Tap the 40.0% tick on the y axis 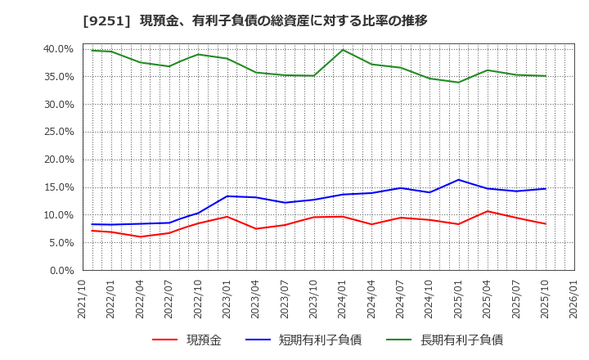[58, 49]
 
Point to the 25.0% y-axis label [58, 132]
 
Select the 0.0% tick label [61, 270]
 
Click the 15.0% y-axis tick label [58, 187]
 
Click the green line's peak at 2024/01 [343, 50]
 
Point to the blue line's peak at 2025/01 [458, 180]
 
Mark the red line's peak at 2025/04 [488, 211]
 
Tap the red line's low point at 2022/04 [141, 237]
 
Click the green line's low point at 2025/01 [458, 82]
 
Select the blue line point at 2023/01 [227, 196]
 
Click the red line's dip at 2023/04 [256, 228]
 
